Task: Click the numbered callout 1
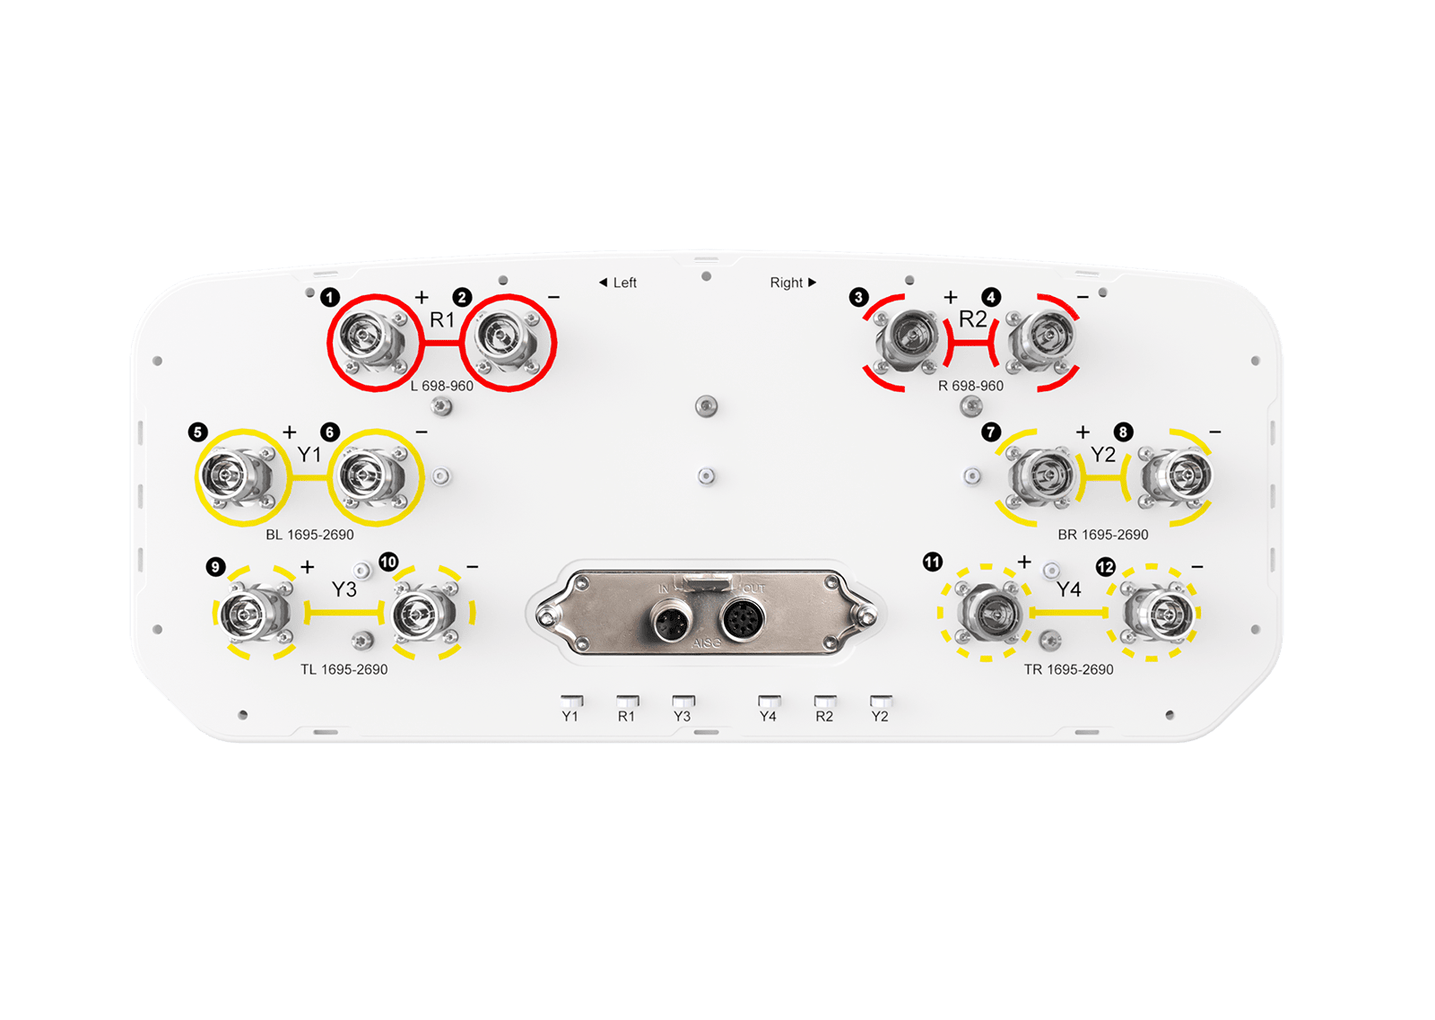(330, 298)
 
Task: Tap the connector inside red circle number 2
(506, 340)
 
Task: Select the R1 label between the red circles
(442, 319)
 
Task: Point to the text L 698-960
(442, 386)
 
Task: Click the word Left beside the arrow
(624, 283)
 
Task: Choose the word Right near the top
(786, 283)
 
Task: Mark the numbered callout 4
(991, 297)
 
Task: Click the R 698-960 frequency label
(970, 386)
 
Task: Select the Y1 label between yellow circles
(309, 454)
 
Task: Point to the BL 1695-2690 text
(309, 535)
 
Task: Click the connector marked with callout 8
(1178, 476)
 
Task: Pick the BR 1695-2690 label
(1102, 535)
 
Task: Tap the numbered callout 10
(389, 562)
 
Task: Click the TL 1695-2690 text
(344, 669)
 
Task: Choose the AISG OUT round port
(743, 619)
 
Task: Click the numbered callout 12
(1106, 567)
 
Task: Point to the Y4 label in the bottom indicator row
(768, 716)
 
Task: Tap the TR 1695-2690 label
(1068, 669)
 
